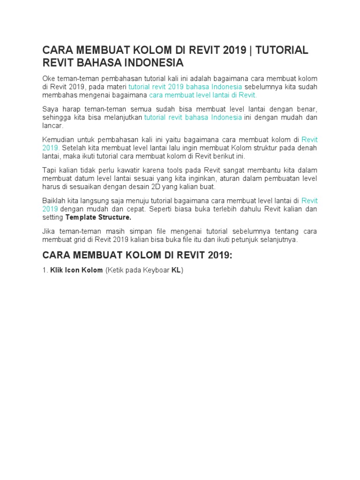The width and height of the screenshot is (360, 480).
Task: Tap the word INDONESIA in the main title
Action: click(x=150, y=63)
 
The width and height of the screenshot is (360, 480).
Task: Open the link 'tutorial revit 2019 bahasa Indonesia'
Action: click(x=185, y=87)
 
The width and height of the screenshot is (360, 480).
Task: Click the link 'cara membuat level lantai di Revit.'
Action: click(x=203, y=95)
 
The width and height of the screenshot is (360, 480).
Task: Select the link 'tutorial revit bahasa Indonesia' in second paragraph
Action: click(x=193, y=117)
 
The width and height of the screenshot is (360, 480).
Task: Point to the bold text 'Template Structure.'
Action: click(x=98, y=217)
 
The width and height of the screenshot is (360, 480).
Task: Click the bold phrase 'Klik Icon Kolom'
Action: click(x=76, y=270)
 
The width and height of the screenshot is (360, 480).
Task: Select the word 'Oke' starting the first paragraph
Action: click(x=49, y=78)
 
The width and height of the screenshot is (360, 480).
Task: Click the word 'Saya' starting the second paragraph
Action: click(x=50, y=109)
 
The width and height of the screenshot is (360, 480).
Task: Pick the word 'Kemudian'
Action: click(x=58, y=139)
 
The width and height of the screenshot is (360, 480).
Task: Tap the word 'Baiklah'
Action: click(x=53, y=201)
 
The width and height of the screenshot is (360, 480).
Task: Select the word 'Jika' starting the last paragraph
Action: click(x=49, y=231)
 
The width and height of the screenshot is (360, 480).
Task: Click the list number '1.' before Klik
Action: click(x=45, y=270)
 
